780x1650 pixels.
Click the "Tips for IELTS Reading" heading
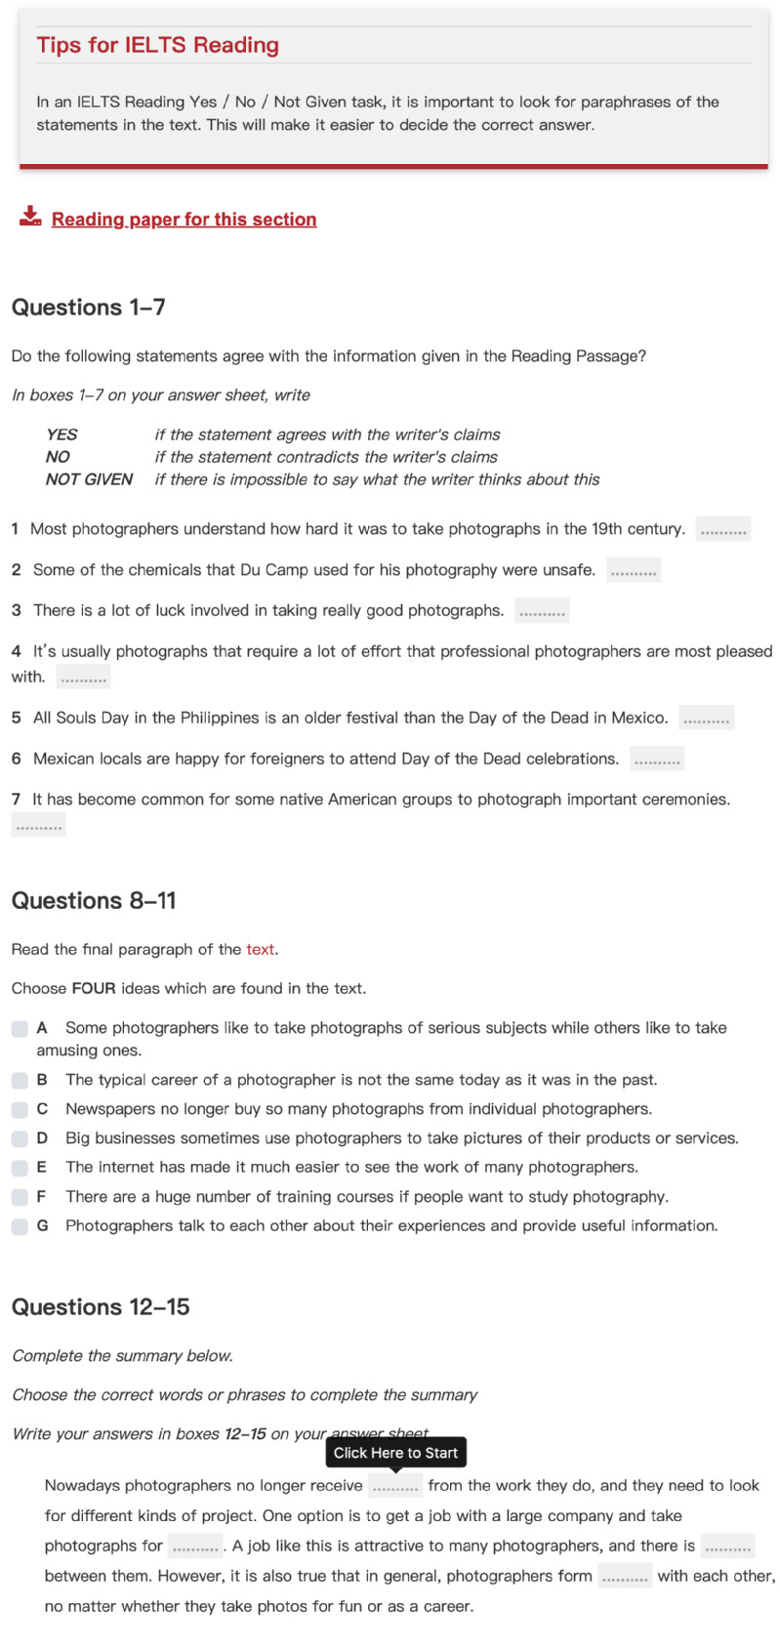click(157, 45)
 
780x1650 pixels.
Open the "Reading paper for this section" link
click(184, 220)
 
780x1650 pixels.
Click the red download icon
click(30, 216)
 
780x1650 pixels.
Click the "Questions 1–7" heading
click(88, 308)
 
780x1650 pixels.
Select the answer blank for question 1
click(723, 529)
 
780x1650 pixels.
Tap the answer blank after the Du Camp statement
click(633, 570)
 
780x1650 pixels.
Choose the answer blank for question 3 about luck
click(542, 611)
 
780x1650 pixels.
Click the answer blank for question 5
click(706, 719)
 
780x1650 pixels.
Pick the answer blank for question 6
click(657, 760)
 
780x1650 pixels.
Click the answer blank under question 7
click(38, 826)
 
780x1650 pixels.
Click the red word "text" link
click(260, 950)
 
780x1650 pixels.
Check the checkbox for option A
click(20, 1029)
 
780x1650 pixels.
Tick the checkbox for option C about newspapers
click(20, 1110)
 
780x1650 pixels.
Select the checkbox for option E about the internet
click(20, 1168)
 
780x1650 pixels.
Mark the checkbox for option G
click(20, 1226)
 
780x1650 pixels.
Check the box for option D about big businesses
click(20, 1139)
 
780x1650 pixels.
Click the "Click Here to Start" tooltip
click(395, 1453)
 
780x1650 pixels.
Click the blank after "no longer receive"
click(395, 1487)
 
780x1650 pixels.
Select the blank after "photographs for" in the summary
click(194, 1547)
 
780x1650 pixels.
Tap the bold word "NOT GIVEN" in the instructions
click(89, 479)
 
